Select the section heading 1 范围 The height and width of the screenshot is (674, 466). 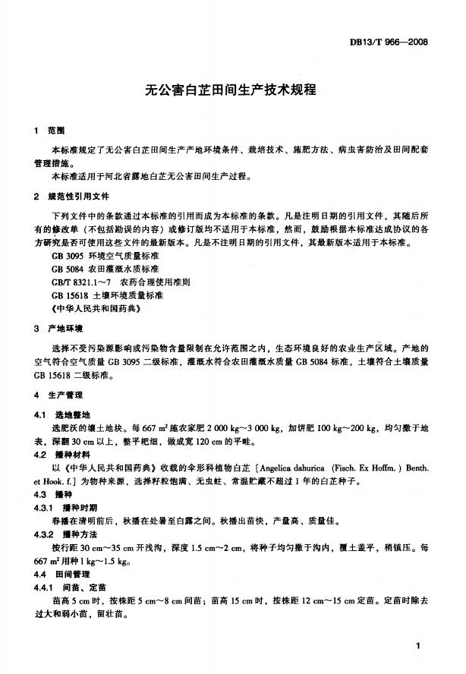pyautogui.click(x=50, y=131)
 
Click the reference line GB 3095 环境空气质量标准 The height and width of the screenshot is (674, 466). pyautogui.click(x=105, y=257)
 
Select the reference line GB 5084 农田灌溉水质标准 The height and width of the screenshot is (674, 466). pyautogui.click(x=105, y=269)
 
